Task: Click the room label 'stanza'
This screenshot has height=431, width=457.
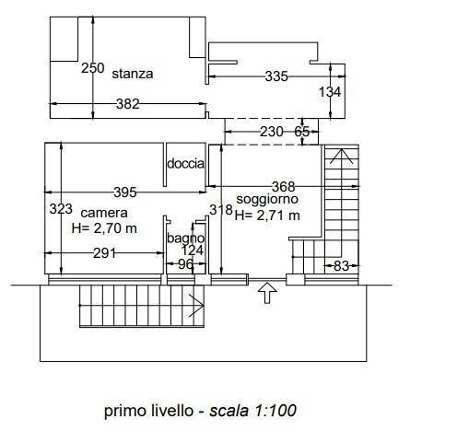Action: tap(133, 73)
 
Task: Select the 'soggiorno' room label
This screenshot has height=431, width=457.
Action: tap(267, 200)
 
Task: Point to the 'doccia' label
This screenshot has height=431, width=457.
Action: tap(185, 164)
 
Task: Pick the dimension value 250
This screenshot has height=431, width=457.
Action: tap(92, 67)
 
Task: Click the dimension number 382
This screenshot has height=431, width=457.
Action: tap(128, 105)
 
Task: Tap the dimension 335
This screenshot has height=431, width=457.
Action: tap(276, 77)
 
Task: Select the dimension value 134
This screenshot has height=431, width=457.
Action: tap(329, 92)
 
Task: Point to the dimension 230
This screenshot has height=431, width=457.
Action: tap(272, 132)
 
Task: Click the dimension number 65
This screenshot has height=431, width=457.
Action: tap(302, 132)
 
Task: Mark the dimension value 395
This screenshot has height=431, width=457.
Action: tap(124, 192)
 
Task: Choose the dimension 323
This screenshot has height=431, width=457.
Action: tap(61, 209)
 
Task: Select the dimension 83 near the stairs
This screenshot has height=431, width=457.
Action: tap(341, 267)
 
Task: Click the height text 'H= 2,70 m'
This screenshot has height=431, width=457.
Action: tap(104, 227)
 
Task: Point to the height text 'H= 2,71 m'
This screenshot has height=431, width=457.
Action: tap(267, 215)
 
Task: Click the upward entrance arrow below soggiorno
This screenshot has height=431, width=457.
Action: tap(267, 294)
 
